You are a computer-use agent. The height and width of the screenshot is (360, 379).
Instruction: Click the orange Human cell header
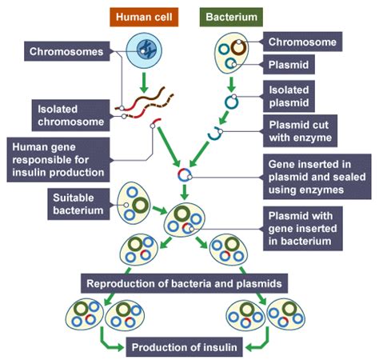coord(147,15)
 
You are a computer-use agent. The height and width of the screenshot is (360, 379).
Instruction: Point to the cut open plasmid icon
coord(215,135)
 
